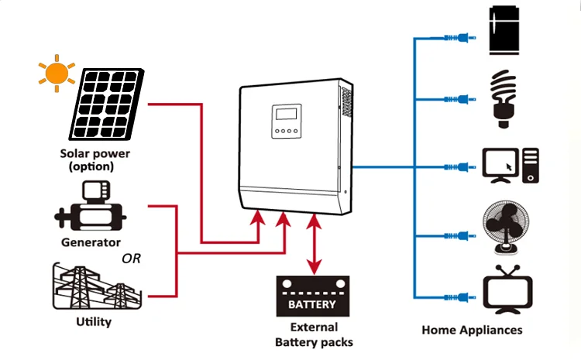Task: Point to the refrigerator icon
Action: (508, 31)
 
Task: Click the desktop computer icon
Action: (509, 165)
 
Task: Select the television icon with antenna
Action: (507, 292)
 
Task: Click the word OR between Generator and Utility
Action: (132, 259)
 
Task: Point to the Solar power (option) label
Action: (95, 159)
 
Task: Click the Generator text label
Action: (91, 242)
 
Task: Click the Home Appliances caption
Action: (472, 330)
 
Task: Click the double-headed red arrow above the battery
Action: (315, 244)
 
